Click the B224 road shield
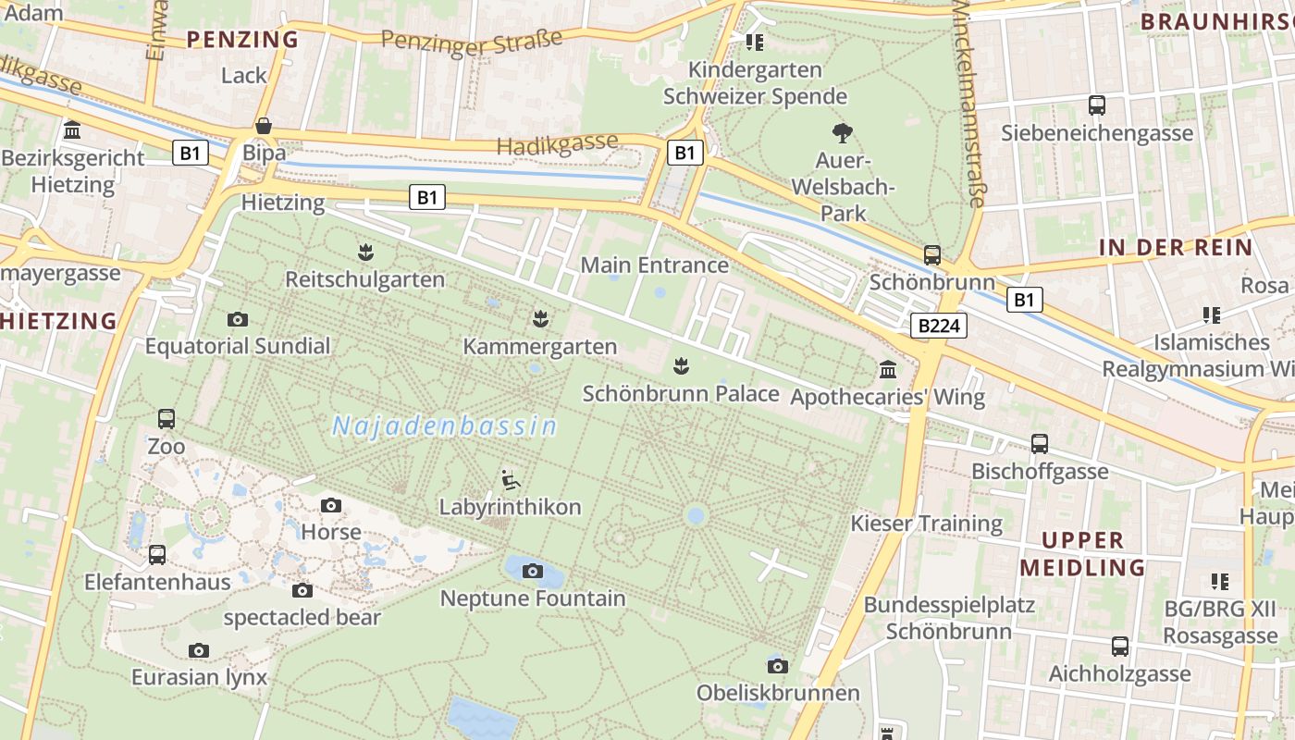click(939, 326)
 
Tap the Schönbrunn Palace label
click(681, 393)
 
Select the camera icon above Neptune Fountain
click(532, 572)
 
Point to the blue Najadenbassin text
click(445, 426)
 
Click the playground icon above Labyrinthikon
click(510, 480)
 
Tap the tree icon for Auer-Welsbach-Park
click(842, 133)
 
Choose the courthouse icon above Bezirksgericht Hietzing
click(72, 130)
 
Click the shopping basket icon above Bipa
click(264, 125)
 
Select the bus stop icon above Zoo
click(166, 419)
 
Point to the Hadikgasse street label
click(557, 144)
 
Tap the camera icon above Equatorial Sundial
click(238, 320)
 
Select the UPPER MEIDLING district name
click(1082, 553)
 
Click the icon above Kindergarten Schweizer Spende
click(755, 43)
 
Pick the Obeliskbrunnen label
click(778, 693)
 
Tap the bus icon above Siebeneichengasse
click(1097, 105)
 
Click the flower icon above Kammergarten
click(540, 320)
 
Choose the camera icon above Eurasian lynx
click(199, 650)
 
